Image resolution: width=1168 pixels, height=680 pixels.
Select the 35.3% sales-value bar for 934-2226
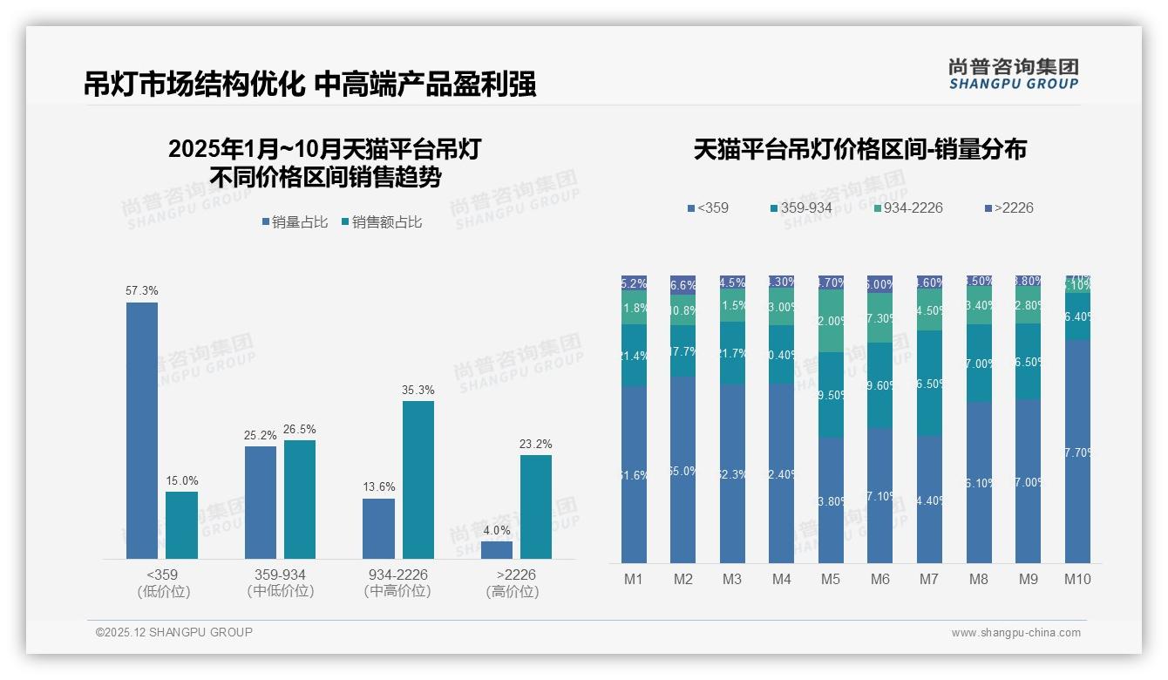click(418, 479)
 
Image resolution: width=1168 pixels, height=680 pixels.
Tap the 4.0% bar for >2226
click(497, 550)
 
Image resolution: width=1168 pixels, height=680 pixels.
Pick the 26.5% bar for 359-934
click(300, 499)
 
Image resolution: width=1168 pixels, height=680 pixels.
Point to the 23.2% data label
click(536, 444)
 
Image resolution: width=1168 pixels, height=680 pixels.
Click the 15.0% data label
click(181, 480)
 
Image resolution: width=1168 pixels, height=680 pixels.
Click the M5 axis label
click(830, 579)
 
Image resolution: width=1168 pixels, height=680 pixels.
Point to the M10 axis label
click(1077, 579)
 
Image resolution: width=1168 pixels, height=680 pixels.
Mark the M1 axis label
click(634, 579)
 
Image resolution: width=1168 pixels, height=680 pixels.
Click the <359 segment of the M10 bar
click(1077, 451)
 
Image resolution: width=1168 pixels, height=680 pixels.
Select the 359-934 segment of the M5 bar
click(831, 394)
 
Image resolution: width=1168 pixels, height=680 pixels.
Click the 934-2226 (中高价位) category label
click(397, 583)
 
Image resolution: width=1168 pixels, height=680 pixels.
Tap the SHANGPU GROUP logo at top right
click(1013, 74)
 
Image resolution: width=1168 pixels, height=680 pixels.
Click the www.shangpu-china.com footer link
click(1015, 633)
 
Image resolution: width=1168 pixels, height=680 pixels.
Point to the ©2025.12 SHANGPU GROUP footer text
click(174, 632)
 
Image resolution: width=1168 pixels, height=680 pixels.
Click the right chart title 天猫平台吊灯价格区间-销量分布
click(859, 149)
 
